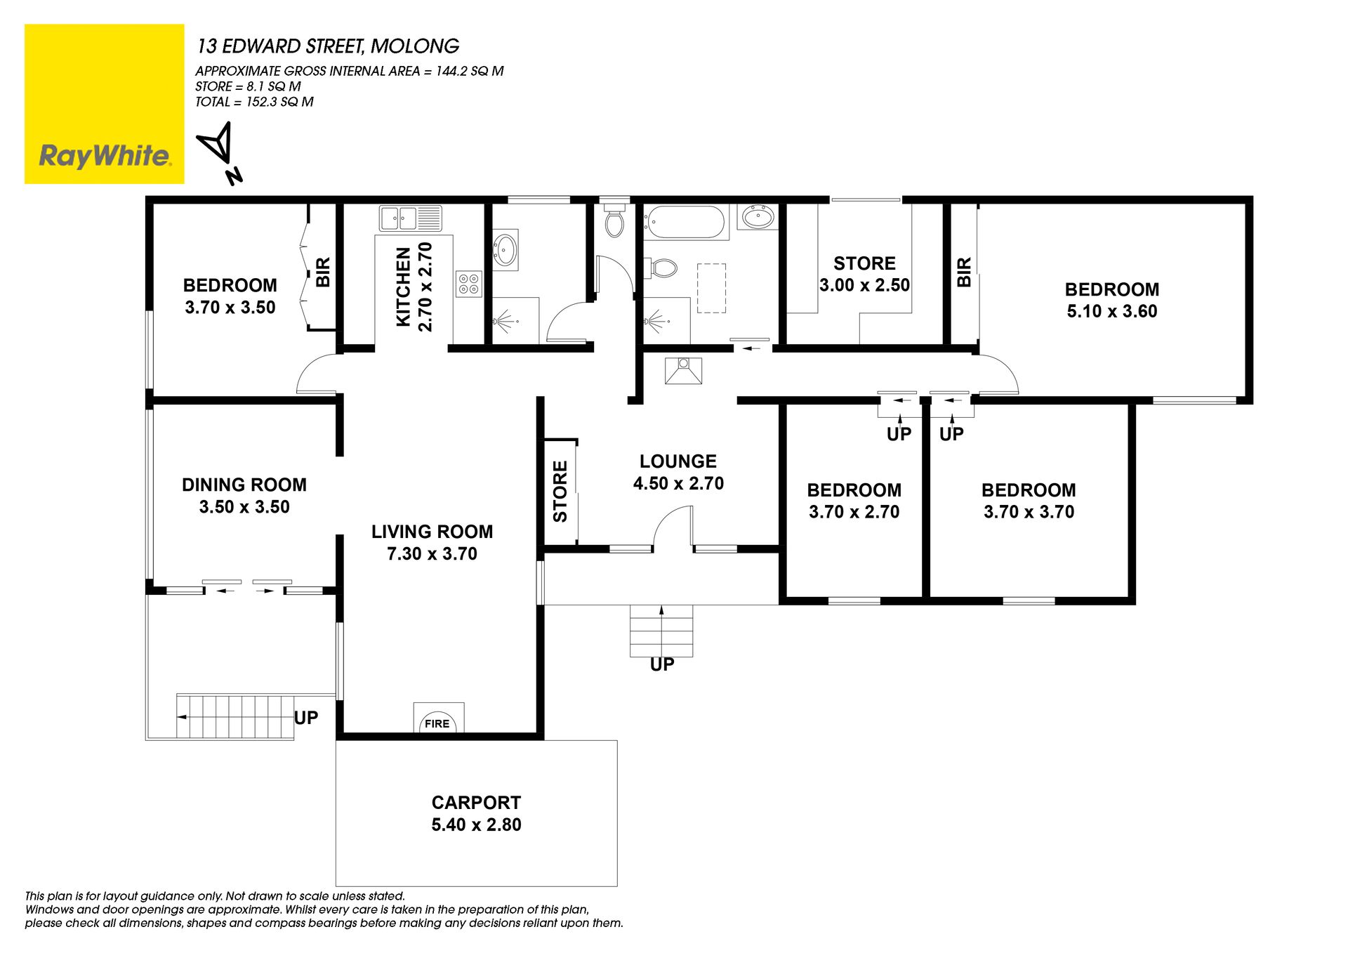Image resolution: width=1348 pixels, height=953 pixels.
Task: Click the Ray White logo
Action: coord(104,104)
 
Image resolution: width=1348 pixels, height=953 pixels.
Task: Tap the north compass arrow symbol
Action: coord(220,152)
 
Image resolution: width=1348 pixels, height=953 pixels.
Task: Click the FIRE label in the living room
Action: coord(437,723)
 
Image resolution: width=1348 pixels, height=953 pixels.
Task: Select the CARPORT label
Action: coord(476,803)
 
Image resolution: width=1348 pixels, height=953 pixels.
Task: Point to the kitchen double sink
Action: coord(410,218)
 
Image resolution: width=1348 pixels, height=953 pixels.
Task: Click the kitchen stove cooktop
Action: coord(468,284)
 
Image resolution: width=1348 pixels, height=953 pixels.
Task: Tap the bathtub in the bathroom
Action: coord(685,222)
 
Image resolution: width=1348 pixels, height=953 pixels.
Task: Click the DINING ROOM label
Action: coord(244,485)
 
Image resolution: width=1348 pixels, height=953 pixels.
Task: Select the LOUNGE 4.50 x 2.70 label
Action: coord(678,472)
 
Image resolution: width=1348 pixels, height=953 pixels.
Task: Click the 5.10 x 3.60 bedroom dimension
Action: coord(1112,311)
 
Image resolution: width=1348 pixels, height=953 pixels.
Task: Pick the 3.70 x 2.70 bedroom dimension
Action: coord(854,512)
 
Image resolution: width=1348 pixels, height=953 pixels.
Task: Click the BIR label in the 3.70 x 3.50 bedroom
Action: coord(323,272)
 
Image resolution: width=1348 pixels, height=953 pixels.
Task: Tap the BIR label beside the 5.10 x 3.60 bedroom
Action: coord(964,272)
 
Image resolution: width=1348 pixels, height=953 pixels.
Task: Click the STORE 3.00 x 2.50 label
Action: coord(864,274)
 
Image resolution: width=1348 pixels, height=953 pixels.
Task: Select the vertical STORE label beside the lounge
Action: coord(560,491)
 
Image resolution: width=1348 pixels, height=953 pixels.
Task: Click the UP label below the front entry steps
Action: coord(662,664)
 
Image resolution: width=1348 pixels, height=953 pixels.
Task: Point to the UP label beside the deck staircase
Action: coord(306,718)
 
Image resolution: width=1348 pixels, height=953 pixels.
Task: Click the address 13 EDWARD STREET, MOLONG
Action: coord(328,46)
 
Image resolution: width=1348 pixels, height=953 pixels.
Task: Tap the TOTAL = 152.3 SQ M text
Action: coord(254,102)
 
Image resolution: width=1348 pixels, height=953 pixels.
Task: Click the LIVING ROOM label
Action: coord(432,532)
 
